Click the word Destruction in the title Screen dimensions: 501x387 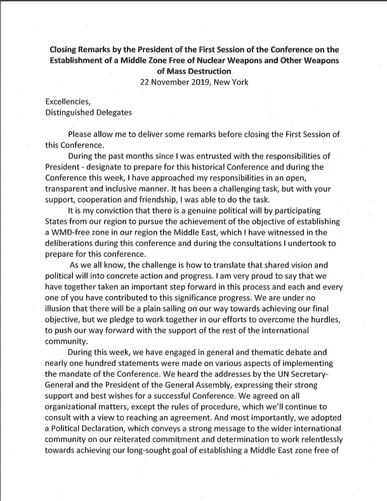pos(215,72)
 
